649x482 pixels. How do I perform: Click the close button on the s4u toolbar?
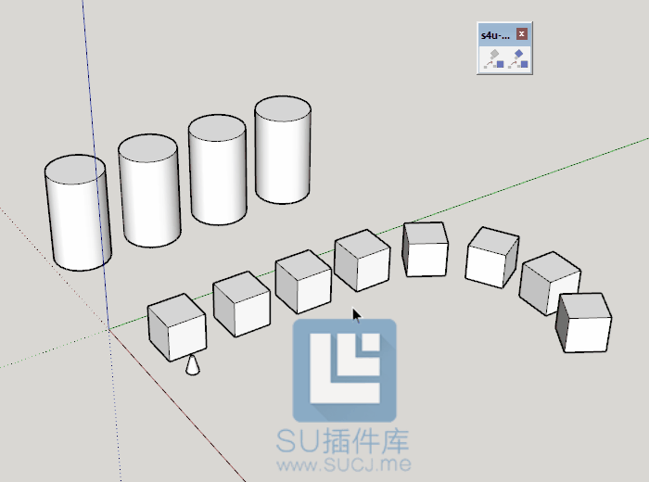(x=521, y=34)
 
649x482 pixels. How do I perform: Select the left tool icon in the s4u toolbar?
(x=493, y=59)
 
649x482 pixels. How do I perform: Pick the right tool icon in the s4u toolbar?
(x=517, y=59)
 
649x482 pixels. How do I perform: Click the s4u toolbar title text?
(x=495, y=35)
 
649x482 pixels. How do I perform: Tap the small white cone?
(x=193, y=365)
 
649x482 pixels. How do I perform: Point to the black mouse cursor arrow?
(x=356, y=315)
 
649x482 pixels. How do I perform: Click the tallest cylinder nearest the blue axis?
(x=78, y=212)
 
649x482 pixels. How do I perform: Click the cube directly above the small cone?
(x=177, y=327)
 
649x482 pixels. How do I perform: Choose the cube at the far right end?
(x=583, y=323)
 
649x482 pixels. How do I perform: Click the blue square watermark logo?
(x=344, y=370)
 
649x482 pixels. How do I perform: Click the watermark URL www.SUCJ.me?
(x=344, y=464)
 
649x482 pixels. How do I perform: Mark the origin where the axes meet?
(x=108, y=330)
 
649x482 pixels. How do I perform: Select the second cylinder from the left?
(x=149, y=190)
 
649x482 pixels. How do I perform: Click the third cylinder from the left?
(x=218, y=170)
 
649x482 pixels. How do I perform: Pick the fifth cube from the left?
(x=425, y=249)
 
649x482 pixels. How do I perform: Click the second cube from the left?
(x=242, y=304)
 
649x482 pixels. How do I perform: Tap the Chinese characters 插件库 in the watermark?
(x=365, y=441)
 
